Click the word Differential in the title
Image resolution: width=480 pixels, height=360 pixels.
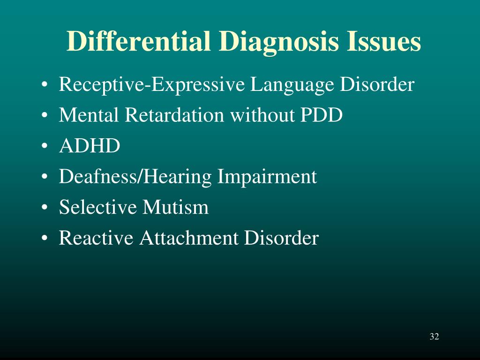(x=139, y=41)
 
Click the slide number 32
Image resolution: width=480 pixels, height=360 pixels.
(x=434, y=337)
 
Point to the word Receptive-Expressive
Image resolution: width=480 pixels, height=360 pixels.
(x=152, y=85)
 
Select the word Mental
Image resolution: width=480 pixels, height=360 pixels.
(x=89, y=115)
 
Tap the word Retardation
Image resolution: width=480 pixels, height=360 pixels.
(x=174, y=115)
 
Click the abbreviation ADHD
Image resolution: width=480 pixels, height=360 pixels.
(x=90, y=146)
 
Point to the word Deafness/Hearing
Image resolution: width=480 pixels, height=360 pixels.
(x=135, y=177)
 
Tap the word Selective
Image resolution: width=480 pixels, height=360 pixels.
(x=97, y=207)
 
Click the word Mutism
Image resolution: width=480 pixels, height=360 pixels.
(x=175, y=207)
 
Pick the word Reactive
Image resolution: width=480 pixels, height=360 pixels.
(x=96, y=238)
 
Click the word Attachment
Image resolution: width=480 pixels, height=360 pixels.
(x=189, y=238)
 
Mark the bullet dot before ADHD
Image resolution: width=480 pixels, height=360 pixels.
(x=45, y=146)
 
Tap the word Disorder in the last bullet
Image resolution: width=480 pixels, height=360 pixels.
(x=281, y=238)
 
